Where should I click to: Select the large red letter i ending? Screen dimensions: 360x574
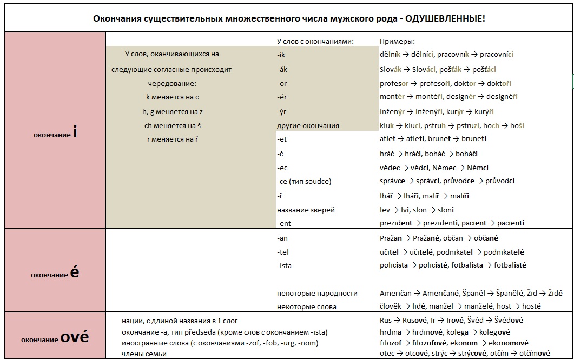74,132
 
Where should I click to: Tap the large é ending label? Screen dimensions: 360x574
75,272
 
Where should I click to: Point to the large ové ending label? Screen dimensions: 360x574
75,338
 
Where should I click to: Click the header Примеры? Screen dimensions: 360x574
397,41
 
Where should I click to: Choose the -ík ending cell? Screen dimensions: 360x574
282,55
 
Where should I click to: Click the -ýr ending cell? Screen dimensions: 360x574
282,112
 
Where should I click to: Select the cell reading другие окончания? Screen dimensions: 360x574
307,126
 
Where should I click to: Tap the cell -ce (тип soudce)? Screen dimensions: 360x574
304,182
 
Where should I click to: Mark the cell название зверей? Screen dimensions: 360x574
306,210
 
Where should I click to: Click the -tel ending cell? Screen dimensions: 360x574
283,252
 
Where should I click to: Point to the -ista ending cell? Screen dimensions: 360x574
285,265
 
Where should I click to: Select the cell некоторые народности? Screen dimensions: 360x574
317,294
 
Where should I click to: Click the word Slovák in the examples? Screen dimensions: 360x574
392,70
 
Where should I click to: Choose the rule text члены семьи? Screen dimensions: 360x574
144,354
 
